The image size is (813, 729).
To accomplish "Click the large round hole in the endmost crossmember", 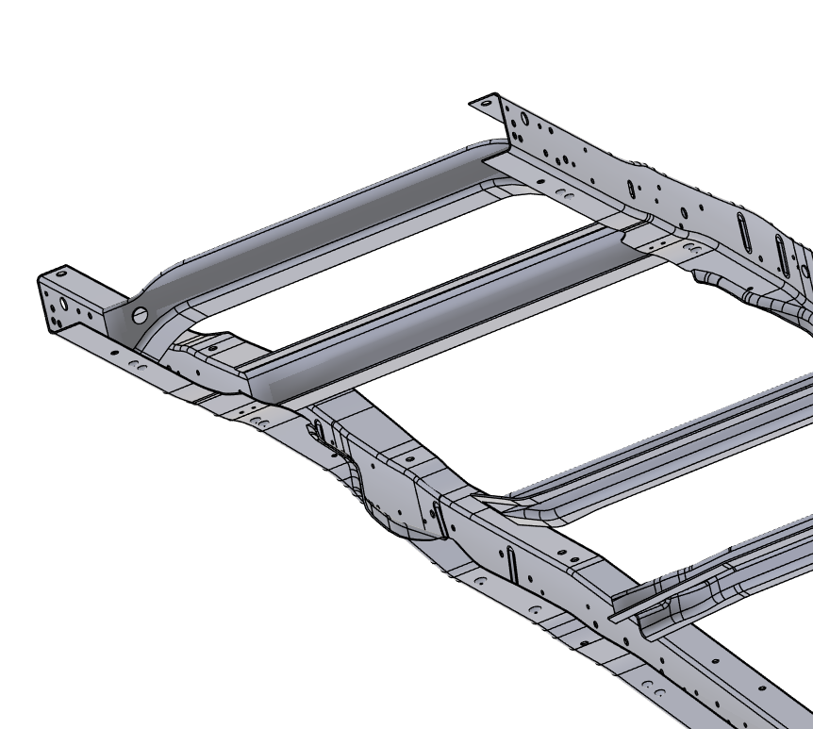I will [141, 314].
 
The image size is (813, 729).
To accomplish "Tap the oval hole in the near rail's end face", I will [62, 304].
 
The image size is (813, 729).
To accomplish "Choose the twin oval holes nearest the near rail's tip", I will [141, 364].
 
